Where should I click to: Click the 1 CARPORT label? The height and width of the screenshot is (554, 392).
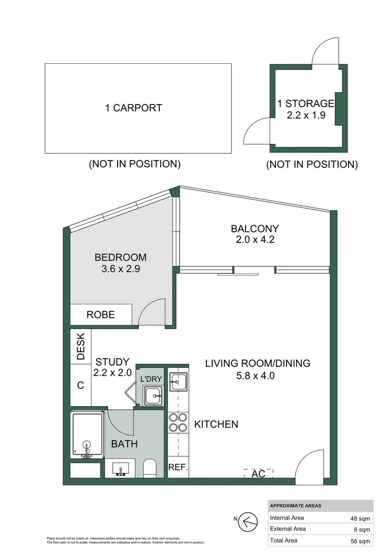click(134, 108)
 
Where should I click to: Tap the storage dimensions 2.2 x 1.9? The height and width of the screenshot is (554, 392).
click(306, 116)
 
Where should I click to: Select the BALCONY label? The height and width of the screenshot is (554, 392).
click(255, 228)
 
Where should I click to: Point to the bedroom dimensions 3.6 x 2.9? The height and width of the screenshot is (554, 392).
click(120, 270)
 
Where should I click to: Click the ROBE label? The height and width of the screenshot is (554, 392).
click(101, 315)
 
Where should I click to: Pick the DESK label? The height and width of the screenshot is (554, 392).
click(81, 347)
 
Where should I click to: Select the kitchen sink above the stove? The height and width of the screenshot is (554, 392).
click(178, 382)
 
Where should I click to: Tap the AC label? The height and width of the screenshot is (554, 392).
click(258, 474)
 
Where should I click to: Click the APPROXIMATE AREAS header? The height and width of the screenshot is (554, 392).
click(295, 506)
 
